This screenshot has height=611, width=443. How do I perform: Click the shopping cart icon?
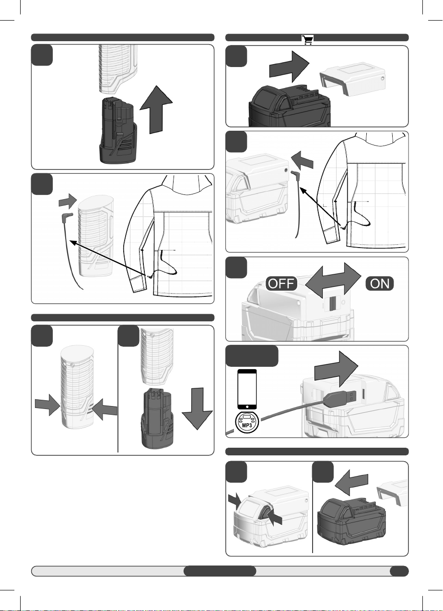click(307, 40)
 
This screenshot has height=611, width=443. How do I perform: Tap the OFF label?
click(281, 283)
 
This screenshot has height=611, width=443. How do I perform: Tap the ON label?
click(380, 283)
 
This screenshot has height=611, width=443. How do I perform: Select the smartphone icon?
click(247, 389)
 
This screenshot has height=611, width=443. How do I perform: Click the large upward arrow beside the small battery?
click(156, 110)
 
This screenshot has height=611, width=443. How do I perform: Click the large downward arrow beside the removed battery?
click(197, 409)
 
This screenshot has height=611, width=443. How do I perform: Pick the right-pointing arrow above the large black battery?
click(289, 67)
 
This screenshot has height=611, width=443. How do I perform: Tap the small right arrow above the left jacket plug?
click(68, 201)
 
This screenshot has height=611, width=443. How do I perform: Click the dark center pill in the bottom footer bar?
click(220, 571)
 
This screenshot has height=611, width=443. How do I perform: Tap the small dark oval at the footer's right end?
click(399, 571)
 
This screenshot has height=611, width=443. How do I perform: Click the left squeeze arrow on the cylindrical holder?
click(47, 405)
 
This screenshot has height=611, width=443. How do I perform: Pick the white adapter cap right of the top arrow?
click(352, 79)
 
